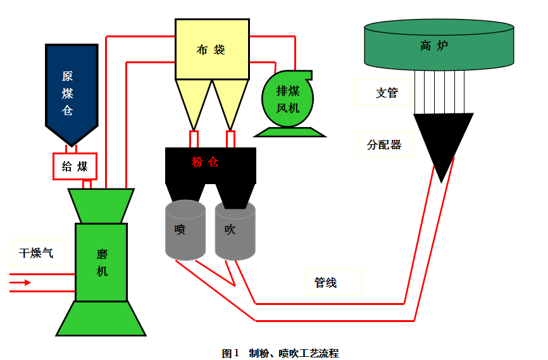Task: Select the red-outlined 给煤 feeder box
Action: [x=75, y=166]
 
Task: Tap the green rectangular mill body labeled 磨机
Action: [x=101, y=262]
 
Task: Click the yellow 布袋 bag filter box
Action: [x=211, y=49]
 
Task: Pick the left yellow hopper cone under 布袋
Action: [x=193, y=101]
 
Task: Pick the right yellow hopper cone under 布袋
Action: [x=230, y=101]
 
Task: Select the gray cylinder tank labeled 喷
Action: [x=185, y=230]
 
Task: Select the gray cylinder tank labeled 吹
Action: [x=235, y=230]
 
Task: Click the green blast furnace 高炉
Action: [x=439, y=45]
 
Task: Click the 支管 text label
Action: [x=386, y=93]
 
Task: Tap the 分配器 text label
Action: [x=384, y=144]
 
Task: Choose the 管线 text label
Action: [x=326, y=283]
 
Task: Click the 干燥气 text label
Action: [x=35, y=253]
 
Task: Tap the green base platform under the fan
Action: [x=289, y=132]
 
